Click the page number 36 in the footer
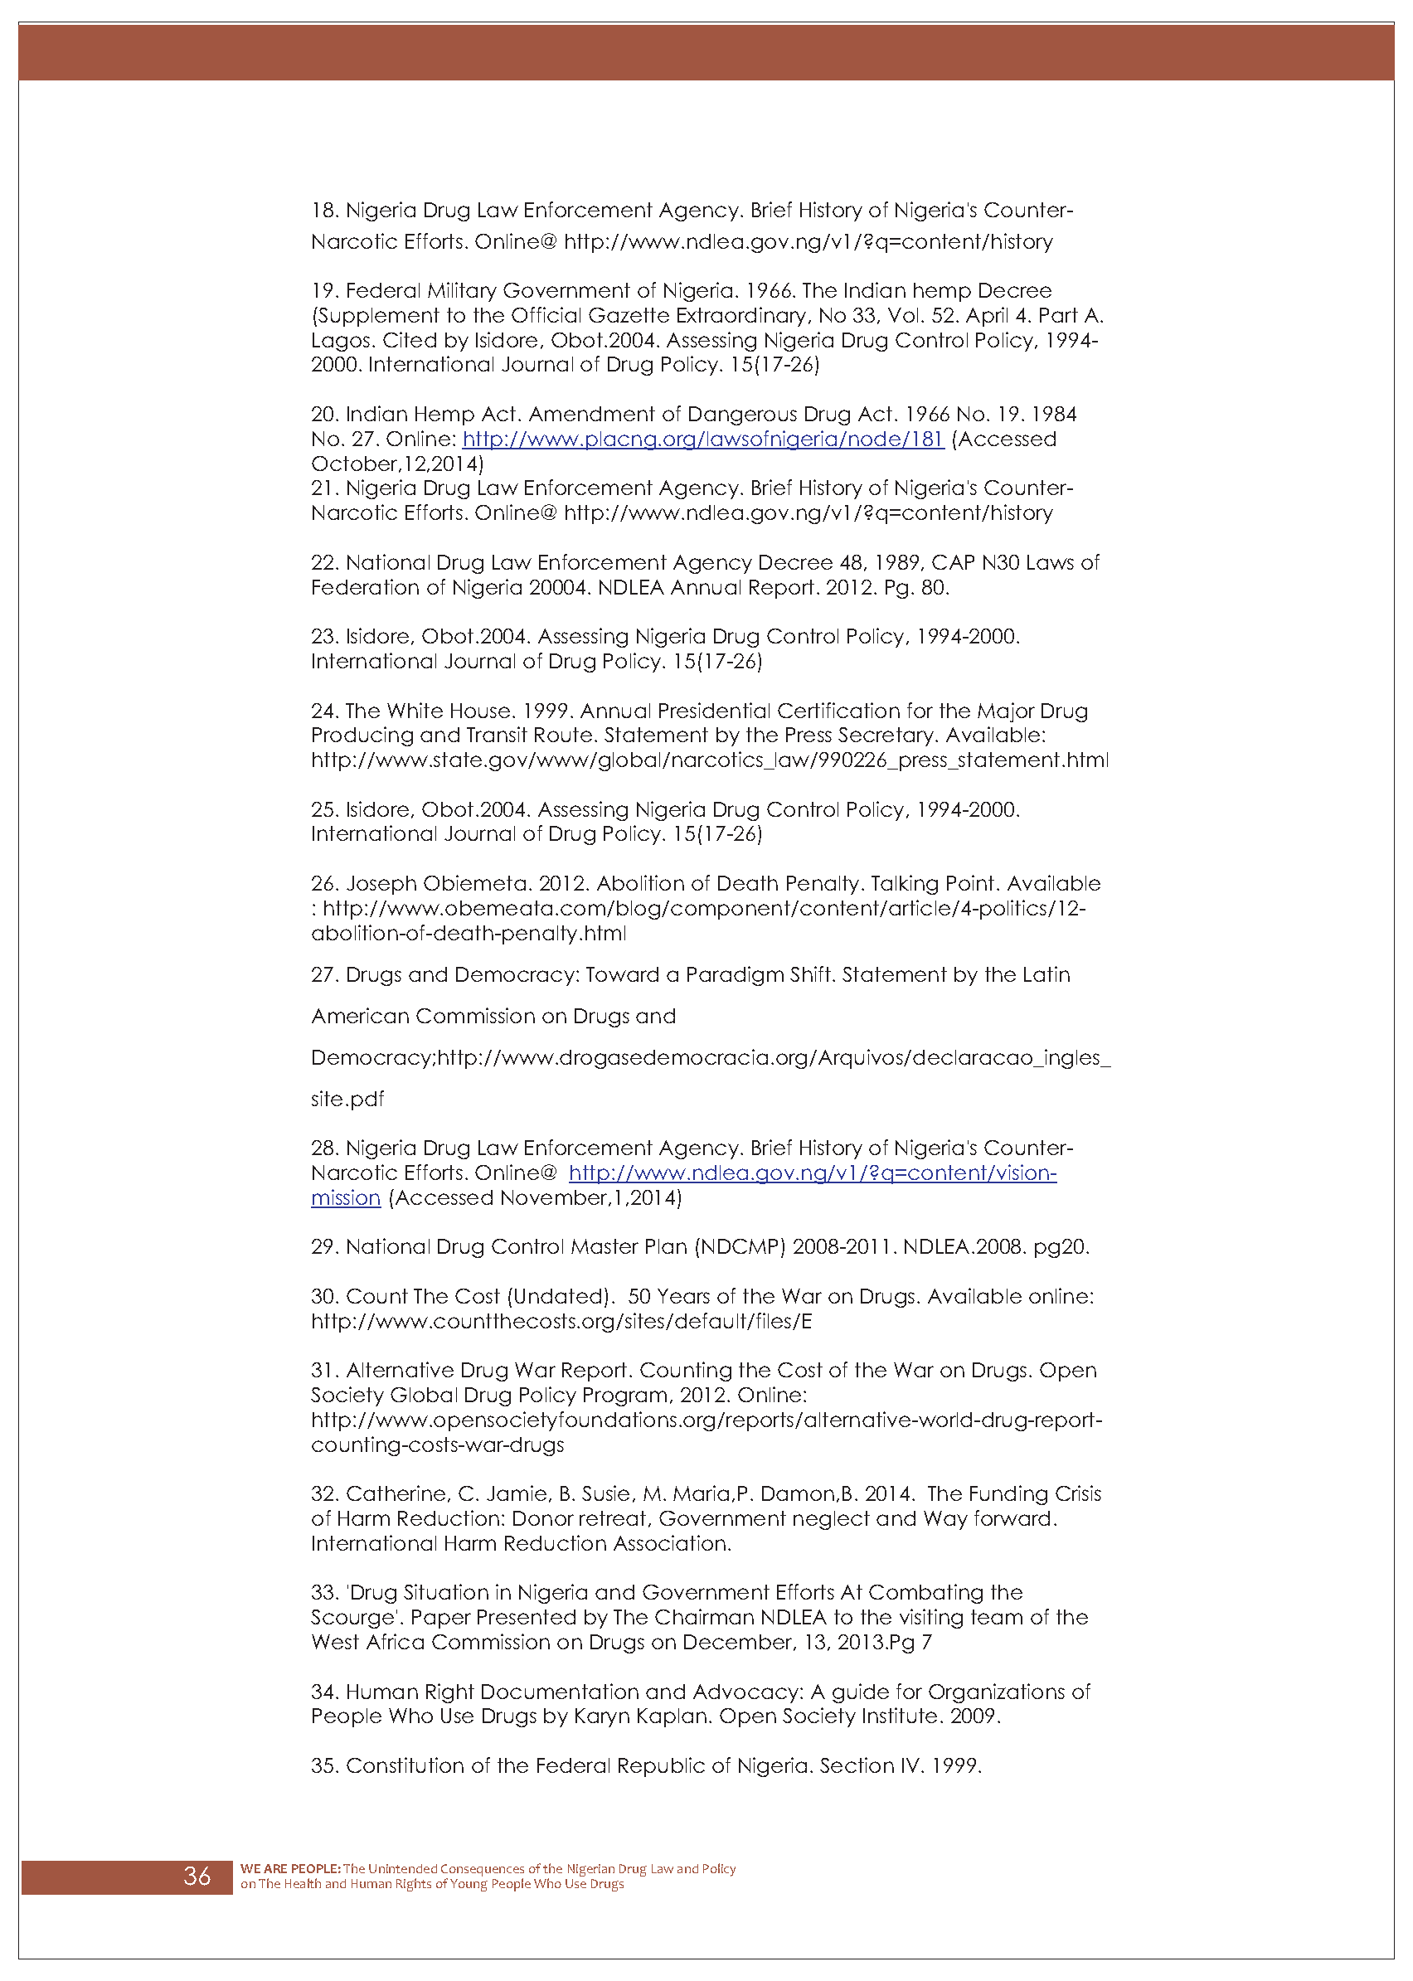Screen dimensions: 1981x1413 pos(197,1876)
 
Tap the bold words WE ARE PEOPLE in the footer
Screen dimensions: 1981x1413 pos(290,1868)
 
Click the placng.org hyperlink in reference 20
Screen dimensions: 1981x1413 pos(702,439)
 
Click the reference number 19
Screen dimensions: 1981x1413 pos(323,290)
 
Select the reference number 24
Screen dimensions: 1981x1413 pos(323,711)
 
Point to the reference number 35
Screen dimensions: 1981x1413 pos(323,1765)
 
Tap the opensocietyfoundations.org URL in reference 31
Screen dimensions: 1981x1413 pos(706,1420)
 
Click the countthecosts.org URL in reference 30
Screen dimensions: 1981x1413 pos(561,1322)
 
